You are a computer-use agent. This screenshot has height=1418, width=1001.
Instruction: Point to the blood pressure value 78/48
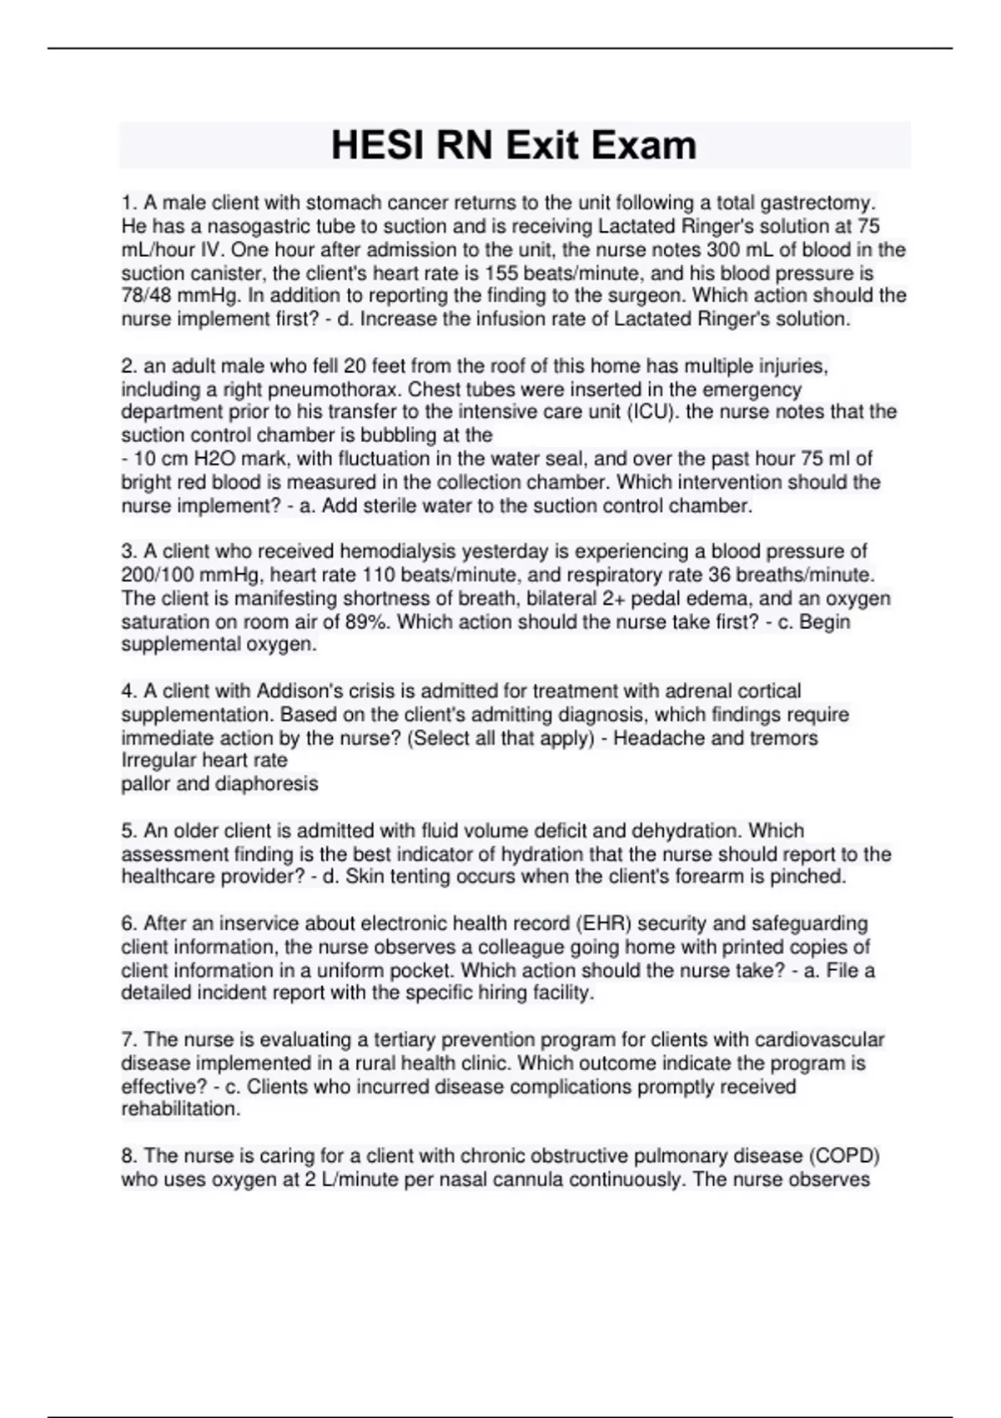(x=148, y=295)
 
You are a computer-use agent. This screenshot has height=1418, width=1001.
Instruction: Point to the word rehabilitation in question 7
(x=180, y=1109)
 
